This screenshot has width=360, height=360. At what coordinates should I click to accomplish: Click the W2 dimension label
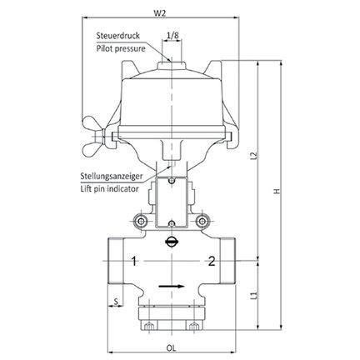(x=159, y=13)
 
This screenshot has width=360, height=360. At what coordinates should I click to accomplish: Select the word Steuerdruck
(x=118, y=36)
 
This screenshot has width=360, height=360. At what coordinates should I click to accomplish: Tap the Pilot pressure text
(x=121, y=48)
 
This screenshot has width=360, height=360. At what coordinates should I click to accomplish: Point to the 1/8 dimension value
(x=172, y=35)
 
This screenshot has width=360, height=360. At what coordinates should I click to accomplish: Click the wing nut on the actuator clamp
(x=93, y=136)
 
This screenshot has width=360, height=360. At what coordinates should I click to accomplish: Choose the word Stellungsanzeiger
(x=112, y=176)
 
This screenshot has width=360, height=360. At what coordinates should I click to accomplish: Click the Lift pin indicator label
(x=109, y=189)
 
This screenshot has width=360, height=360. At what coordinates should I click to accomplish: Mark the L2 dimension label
(x=253, y=156)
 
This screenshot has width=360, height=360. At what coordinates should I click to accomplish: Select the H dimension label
(x=277, y=192)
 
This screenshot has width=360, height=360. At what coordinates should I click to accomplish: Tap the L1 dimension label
(x=253, y=296)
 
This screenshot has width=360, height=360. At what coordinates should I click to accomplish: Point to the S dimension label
(x=117, y=301)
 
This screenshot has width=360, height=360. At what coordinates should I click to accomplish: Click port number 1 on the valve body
(x=134, y=262)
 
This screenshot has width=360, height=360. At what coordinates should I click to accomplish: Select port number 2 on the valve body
(x=212, y=261)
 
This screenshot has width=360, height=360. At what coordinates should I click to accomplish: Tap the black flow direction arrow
(x=172, y=286)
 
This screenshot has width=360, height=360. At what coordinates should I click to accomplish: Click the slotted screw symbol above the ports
(x=171, y=242)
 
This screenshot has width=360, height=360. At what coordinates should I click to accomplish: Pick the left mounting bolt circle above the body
(x=141, y=221)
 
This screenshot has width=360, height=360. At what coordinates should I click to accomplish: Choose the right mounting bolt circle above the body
(x=202, y=221)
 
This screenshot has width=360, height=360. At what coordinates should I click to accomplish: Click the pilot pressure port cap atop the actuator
(x=172, y=66)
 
